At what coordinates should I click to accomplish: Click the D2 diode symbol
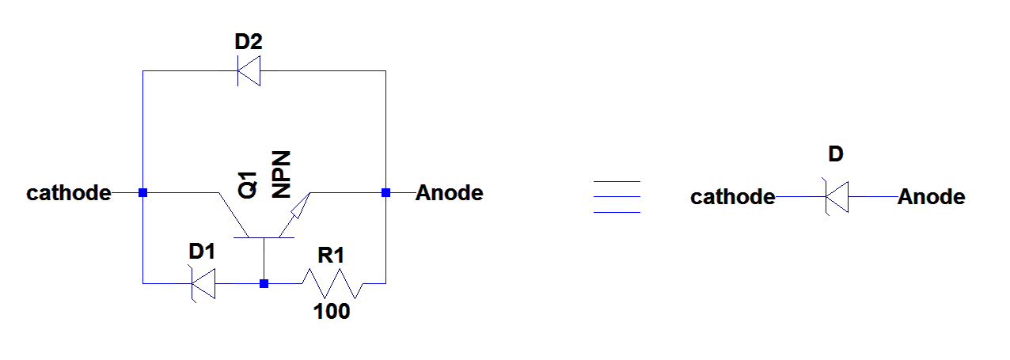coord(249,70)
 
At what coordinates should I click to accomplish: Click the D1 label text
coord(202,252)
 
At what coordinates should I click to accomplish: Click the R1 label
coord(331,256)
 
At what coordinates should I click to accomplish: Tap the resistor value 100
coord(332,312)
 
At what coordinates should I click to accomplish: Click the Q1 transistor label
coord(248,184)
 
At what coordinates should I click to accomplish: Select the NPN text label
coord(282,173)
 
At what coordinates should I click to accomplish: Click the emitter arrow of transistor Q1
coord(298,207)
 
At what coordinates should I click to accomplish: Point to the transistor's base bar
coord(264,237)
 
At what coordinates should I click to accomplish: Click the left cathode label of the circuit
coord(68,193)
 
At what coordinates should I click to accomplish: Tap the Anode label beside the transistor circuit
coord(449,192)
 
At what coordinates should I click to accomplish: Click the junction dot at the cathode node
coord(142,192)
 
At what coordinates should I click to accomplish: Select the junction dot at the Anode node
coord(385,192)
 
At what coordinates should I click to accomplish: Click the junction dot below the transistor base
coord(264,283)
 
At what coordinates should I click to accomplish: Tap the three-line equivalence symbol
coord(616,197)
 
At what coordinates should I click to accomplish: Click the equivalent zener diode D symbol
coord(837,196)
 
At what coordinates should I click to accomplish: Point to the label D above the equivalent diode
coord(836,154)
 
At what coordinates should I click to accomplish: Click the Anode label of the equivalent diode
coord(931,197)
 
